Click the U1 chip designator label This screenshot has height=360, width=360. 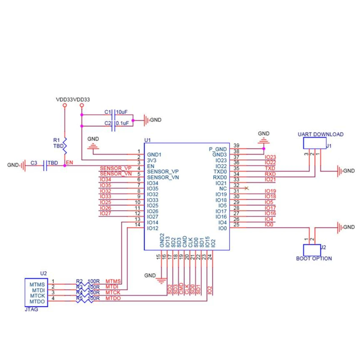147,140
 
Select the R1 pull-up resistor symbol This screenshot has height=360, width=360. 64,146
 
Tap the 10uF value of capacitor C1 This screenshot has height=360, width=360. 121,112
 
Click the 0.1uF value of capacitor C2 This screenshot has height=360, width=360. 122,123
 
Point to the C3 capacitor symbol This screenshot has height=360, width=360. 45,165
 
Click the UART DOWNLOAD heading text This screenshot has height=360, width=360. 320,134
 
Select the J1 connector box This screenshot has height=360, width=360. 314,143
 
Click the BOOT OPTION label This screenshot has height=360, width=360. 314,259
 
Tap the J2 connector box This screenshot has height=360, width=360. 312,250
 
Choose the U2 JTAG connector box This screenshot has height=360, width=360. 36,292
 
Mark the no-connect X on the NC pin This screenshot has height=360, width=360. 247,188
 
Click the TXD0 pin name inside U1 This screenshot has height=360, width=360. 220,172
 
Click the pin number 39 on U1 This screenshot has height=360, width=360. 236,146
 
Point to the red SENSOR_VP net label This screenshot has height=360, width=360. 115,168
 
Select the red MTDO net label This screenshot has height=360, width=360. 113,298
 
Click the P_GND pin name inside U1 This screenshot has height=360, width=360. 218,149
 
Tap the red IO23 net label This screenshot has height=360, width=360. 270,157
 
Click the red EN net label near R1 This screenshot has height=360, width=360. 69,163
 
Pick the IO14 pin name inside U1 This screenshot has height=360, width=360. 153,223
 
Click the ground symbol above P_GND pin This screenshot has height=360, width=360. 264,140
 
